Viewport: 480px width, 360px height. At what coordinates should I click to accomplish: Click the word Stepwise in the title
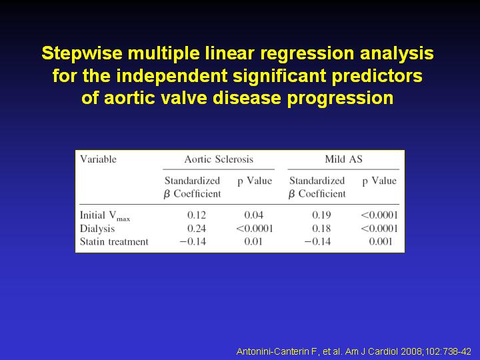[82, 53]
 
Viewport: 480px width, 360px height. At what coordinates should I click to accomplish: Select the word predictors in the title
[377, 75]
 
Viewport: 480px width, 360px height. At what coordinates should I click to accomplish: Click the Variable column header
[98, 159]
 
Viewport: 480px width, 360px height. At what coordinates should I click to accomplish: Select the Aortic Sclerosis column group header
[219, 159]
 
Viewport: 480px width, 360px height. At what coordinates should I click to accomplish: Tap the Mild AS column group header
[343, 159]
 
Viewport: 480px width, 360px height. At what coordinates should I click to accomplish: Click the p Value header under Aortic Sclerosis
[255, 181]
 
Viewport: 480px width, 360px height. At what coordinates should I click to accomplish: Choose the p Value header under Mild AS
[379, 181]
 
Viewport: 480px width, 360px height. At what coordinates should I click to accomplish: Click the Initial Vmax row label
[105, 216]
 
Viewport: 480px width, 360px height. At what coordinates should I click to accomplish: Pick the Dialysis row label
[97, 229]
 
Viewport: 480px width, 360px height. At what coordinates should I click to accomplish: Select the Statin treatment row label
[114, 242]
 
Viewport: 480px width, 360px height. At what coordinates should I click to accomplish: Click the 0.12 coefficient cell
[197, 215]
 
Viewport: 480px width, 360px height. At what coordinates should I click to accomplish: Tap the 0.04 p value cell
[253, 215]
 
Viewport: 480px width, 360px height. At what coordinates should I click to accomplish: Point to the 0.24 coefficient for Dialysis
[197, 229]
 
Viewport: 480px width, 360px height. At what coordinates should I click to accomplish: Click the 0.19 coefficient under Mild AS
[321, 215]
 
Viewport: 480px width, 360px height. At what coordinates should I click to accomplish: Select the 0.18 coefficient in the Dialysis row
[321, 229]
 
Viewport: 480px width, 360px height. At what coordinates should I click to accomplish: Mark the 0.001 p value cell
[381, 241]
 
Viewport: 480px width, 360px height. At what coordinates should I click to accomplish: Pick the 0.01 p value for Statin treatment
[253, 241]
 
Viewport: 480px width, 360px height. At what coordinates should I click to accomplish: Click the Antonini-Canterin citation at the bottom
[353, 351]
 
